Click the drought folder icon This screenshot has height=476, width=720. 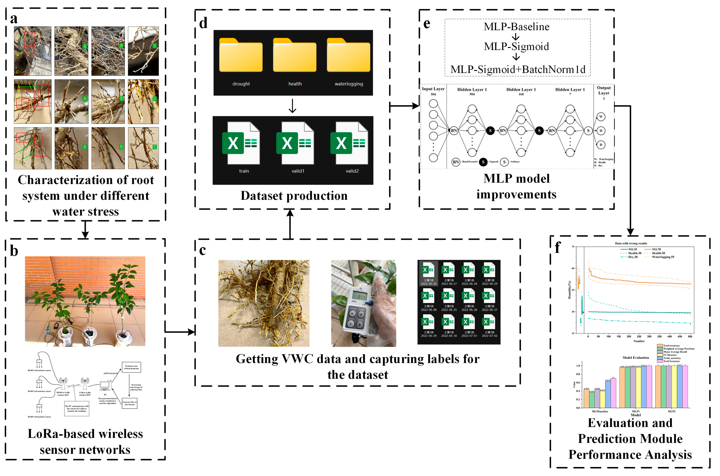click(x=241, y=56)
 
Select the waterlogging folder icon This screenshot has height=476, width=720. click(x=349, y=56)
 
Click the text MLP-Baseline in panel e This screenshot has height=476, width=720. click(x=516, y=27)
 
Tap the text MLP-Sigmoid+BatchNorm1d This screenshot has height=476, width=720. click(x=518, y=69)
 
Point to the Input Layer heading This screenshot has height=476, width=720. click(x=433, y=89)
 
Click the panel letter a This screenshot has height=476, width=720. click(x=14, y=19)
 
